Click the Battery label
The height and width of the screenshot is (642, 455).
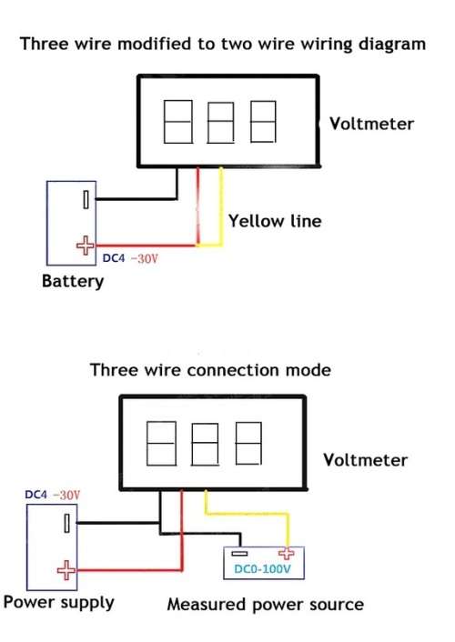[x=73, y=281]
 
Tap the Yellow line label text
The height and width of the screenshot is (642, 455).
[x=275, y=221]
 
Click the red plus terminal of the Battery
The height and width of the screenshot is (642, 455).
[x=86, y=246]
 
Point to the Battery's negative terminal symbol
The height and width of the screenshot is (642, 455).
[x=86, y=199]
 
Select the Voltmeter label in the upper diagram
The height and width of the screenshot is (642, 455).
[x=372, y=124]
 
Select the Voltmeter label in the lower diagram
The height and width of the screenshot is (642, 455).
[x=365, y=460]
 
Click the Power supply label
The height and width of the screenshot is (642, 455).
[x=58, y=603]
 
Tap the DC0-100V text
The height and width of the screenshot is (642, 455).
[x=262, y=569]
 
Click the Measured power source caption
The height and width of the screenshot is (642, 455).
[x=265, y=605]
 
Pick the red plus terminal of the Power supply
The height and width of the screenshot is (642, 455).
[x=66, y=570]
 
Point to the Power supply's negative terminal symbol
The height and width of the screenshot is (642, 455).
[x=66, y=523]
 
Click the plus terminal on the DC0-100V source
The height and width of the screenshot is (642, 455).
[x=286, y=554]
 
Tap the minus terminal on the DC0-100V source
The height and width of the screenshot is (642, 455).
[x=239, y=554]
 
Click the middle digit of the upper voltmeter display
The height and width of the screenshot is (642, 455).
[x=220, y=123]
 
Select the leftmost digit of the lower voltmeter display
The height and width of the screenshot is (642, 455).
[x=161, y=444]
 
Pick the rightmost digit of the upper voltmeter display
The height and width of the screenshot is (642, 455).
[x=263, y=122]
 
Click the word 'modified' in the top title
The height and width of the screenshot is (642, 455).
[x=155, y=44]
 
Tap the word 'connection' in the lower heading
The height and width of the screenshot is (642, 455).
[x=234, y=370]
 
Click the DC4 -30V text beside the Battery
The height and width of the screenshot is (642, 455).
[x=130, y=258]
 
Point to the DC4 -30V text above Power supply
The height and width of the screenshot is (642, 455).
[x=53, y=495]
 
